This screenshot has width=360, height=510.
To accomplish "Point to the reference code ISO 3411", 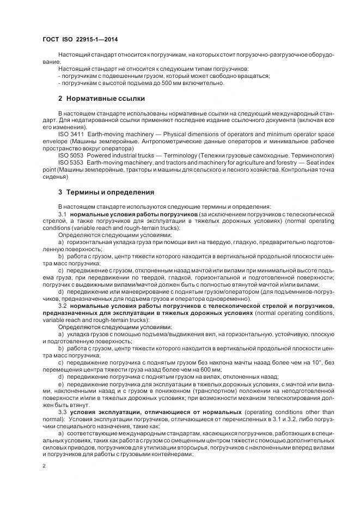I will (71, 133).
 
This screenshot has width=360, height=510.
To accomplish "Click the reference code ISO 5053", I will (71, 155).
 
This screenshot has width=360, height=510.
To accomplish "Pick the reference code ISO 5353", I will (71, 162).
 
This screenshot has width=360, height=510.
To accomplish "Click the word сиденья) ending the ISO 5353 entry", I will (56, 176).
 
